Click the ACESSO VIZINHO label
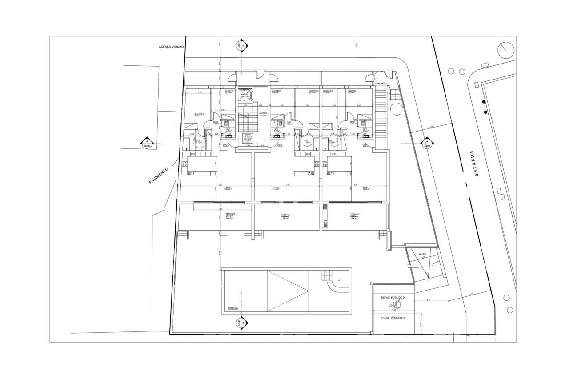point(171,46)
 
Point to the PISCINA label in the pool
point(233,308)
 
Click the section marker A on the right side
point(426,144)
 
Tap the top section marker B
point(240,46)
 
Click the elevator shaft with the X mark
point(244,94)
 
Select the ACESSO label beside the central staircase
point(263,114)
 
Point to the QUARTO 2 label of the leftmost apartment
point(199,114)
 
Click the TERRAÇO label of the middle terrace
point(286,215)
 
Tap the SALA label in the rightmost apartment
point(365,188)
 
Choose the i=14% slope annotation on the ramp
point(422,254)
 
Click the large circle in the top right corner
point(505,50)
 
